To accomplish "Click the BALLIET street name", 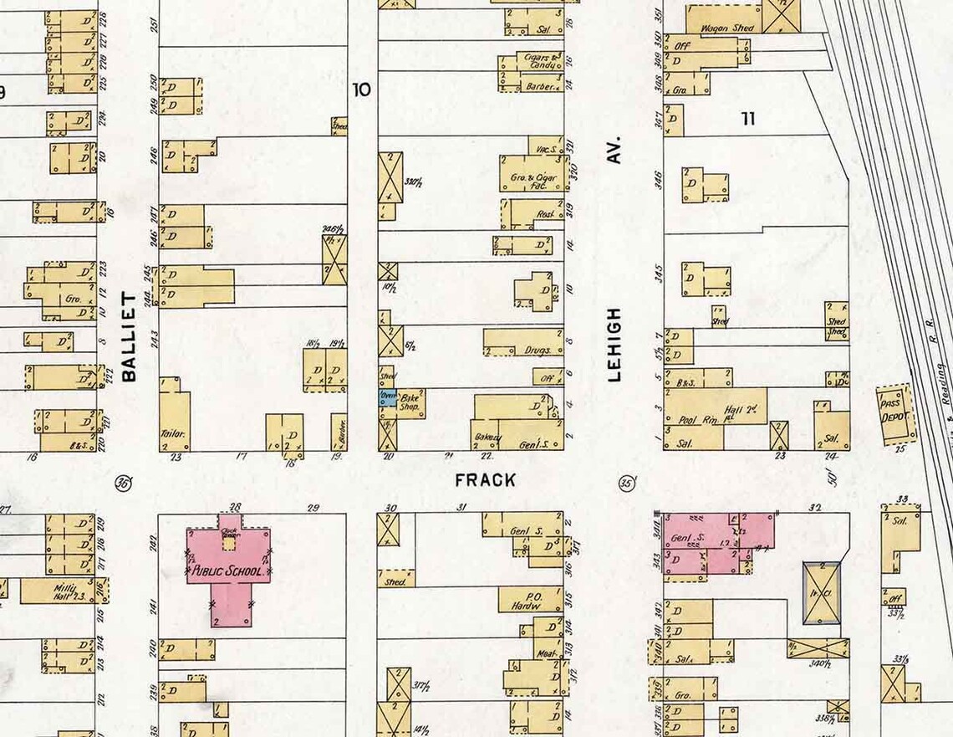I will click(129, 337).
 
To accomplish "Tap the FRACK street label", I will click(486, 480).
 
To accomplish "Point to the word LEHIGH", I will click(615, 344).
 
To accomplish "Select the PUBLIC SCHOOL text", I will click(228, 573).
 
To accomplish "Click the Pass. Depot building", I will click(894, 413).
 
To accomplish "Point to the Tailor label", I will click(172, 434).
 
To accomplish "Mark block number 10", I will click(361, 90).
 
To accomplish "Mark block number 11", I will click(747, 119).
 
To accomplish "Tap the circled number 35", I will click(627, 483).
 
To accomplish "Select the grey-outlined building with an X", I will click(821, 593).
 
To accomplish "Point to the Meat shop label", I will click(547, 653).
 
